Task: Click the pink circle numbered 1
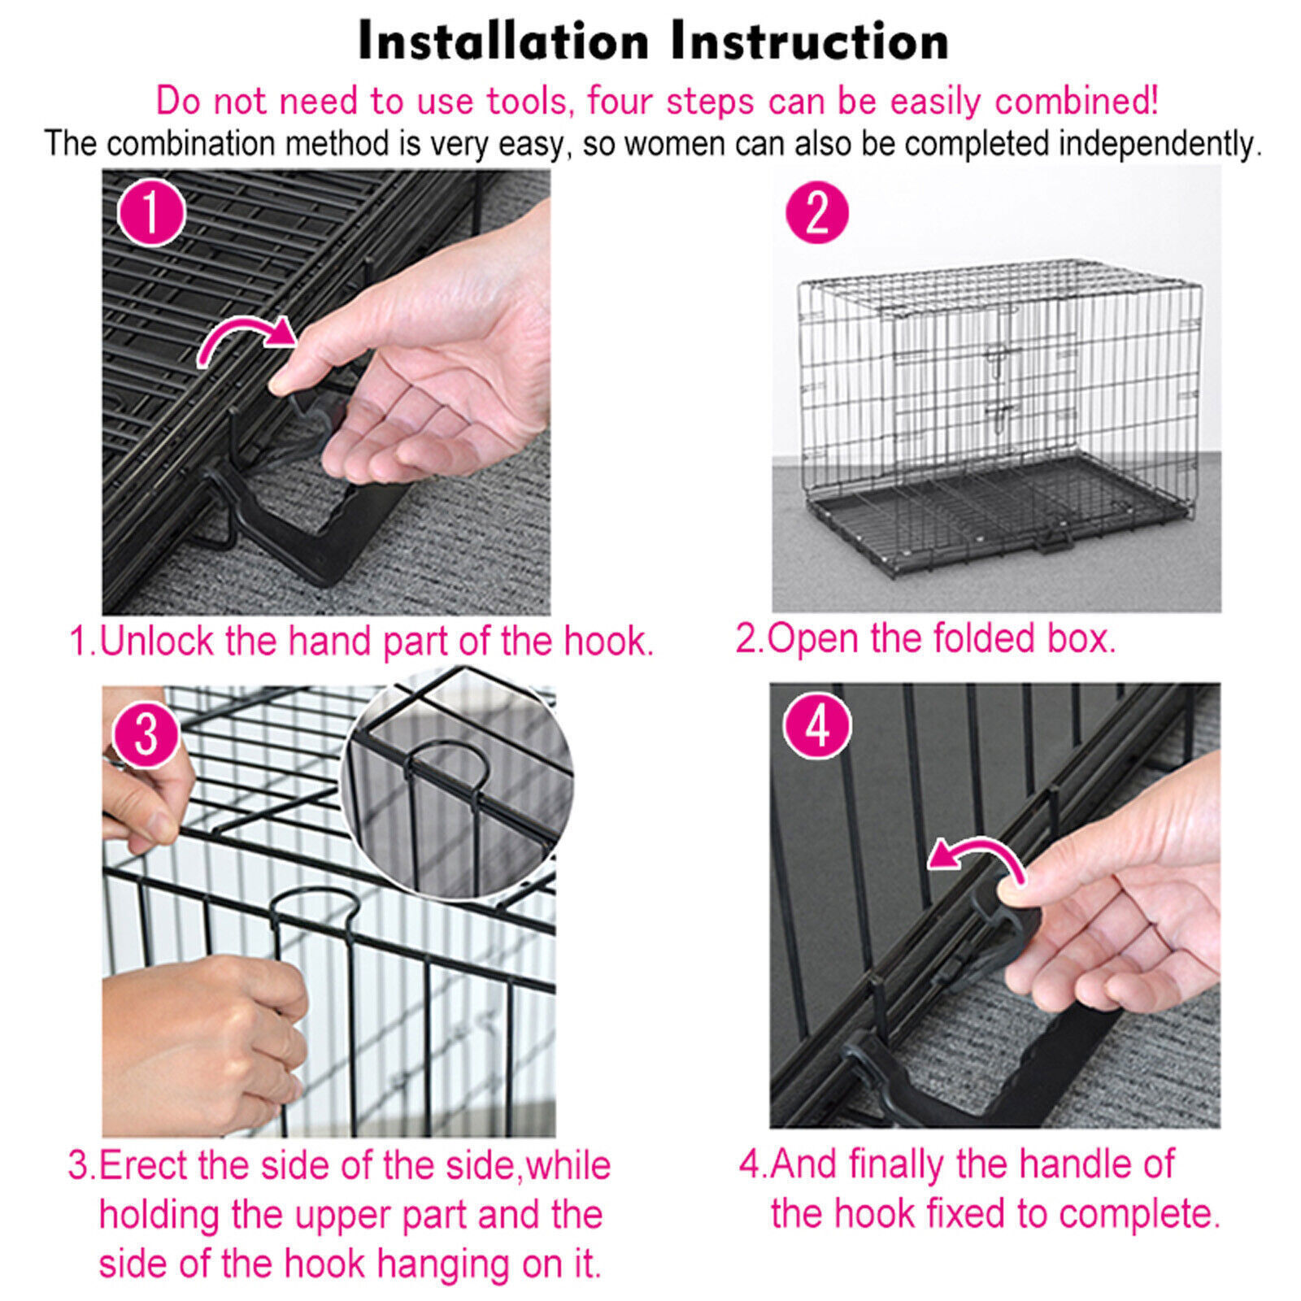pos(151,213)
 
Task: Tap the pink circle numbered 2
pos(816,213)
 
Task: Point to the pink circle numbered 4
pos(817,725)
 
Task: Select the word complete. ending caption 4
pos(1139,1214)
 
